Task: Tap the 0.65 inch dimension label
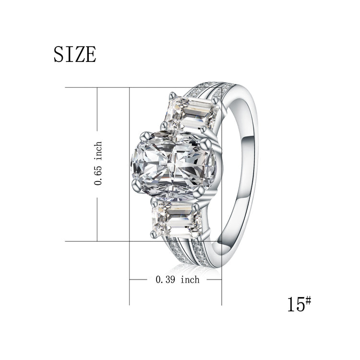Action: click(98, 163)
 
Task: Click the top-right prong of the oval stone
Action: click(208, 142)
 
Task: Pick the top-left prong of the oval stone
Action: click(142, 136)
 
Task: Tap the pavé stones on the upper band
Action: click(211, 91)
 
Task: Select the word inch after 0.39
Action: click(190, 279)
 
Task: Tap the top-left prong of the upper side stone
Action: click(170, 96)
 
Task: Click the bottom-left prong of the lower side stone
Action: click(154, 234)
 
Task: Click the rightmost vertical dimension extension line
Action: click(221, 288)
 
